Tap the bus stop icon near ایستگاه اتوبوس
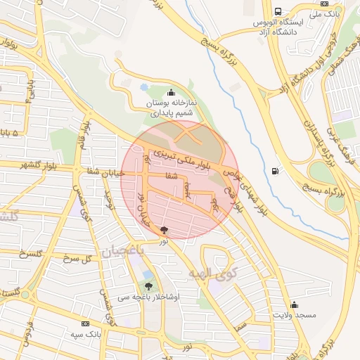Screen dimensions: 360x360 point(278,12)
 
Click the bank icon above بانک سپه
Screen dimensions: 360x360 point(86,323)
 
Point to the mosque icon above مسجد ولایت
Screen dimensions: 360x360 point(294,304)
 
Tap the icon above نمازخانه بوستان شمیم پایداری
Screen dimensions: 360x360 point(171,92)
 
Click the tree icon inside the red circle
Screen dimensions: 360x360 point(165,230)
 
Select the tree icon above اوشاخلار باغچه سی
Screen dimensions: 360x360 point(148,285)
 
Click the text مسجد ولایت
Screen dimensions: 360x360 point(294,316)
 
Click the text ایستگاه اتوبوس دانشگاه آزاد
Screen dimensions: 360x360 point(278,27)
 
